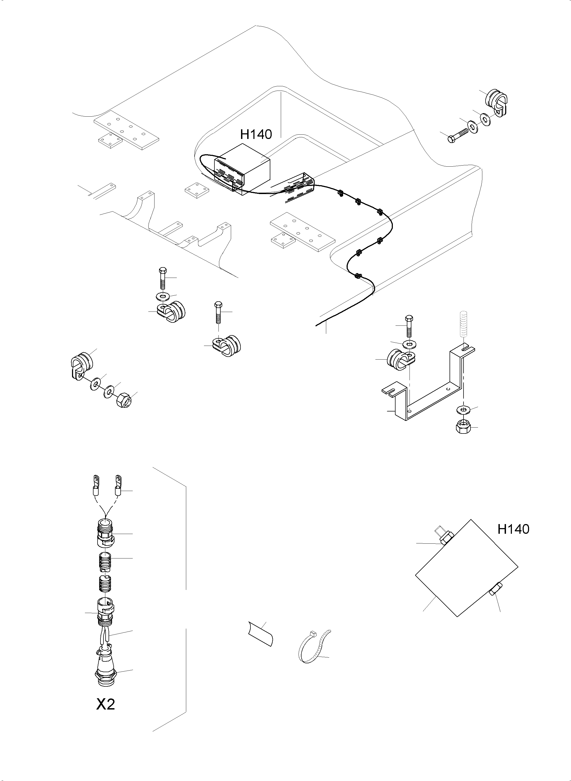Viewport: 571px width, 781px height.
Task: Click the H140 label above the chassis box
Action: pyautogui.click(x=256, y=134)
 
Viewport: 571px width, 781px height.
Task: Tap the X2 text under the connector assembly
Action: pyautogui.click(x=105, y=704)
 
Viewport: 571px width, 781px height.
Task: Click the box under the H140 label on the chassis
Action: pyautogui.click(x=242, y=169)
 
